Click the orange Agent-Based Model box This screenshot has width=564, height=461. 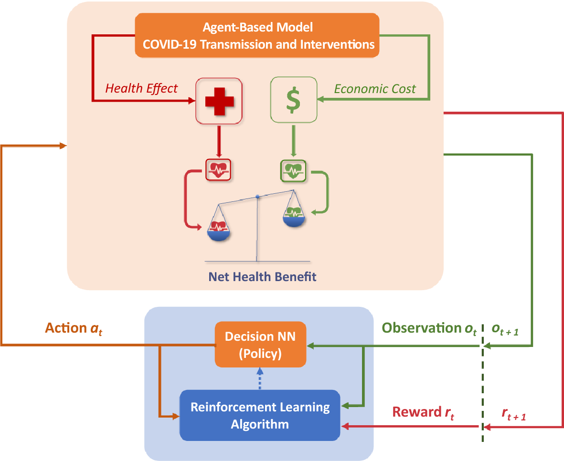[x=257, y=36]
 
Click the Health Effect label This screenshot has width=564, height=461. [x=141, y=88]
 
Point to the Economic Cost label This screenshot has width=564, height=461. [x=375, y=89]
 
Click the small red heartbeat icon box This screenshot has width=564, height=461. [x=219, y=169]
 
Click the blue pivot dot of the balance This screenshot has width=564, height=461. [x=257, y=196]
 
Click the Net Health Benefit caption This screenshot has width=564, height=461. [x=262, y=276]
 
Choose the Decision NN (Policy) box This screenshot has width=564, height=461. [x=260, y=344]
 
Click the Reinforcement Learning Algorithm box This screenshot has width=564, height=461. [x=260, y=415]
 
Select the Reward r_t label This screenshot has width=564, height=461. [x=423, y=412]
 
